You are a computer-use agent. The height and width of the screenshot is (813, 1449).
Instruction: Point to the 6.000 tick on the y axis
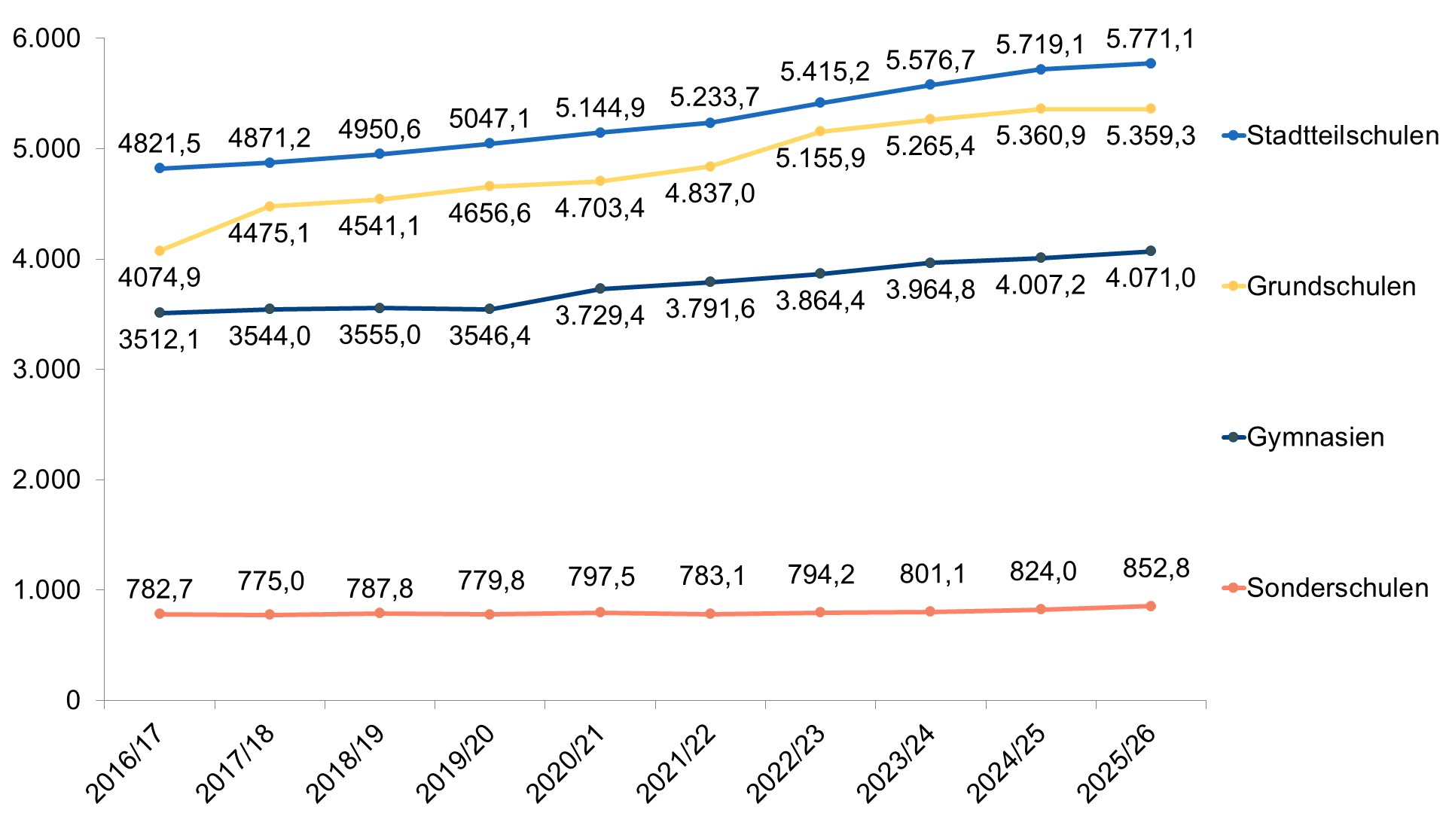click(x=47, y=38)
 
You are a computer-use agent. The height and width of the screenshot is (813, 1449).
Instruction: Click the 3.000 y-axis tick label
click(x=47, y=369)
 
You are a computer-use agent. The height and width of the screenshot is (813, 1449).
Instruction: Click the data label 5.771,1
click(x=1150, y=38)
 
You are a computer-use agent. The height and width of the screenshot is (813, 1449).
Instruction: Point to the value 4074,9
click(x=160, y=277)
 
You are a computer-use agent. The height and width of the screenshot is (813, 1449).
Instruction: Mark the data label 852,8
click(x=1156, y=568)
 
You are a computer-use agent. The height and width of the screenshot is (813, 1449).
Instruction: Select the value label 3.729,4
click(x=599, y=315)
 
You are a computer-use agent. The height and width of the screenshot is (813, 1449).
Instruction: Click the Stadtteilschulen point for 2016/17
click(x=160, y=168)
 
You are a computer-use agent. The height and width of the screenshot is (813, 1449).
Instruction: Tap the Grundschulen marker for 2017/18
click(x=270, y=206)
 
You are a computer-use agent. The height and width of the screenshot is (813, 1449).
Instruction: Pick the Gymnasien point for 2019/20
click(x=490, y=309)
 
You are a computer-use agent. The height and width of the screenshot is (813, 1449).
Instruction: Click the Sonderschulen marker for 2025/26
click(x=1151, y=606)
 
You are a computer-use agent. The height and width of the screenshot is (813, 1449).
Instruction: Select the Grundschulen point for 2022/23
click(x=820, y=131)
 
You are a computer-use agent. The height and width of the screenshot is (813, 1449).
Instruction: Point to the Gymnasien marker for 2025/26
click(x=1151, y=251)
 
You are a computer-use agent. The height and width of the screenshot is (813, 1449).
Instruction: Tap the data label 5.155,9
click(x=820, y=159)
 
